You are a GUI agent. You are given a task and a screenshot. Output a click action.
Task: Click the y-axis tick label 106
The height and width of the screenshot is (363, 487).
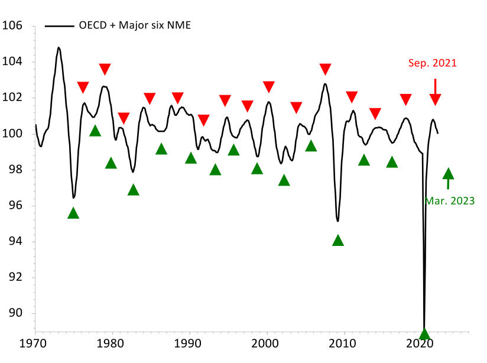click(x=12, y=25)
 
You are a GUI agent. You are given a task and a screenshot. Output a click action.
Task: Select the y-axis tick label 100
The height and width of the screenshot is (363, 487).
click(x=12, y=134)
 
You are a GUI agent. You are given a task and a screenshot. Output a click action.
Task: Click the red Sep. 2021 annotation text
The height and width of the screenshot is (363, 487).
click(x=433, y=63)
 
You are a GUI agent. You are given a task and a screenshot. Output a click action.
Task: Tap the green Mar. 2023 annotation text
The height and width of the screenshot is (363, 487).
click(x=449, y=201)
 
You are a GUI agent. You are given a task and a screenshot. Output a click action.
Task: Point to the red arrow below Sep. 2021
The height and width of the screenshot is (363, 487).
click(x=435, y=87)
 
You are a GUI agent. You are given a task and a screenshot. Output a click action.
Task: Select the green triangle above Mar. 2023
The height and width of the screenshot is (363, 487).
click(x=448, y=173)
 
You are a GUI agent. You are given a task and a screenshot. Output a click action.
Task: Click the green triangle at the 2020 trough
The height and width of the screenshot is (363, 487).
click(x=424, y=333)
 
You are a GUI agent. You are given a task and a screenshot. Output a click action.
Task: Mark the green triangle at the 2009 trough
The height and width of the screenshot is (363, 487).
click(x=338, y=240)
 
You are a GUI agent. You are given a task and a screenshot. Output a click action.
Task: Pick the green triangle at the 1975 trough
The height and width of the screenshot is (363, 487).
click(x=73, y=213)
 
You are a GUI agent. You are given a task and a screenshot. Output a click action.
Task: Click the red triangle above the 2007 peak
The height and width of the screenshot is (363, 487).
click(x=325, y=69)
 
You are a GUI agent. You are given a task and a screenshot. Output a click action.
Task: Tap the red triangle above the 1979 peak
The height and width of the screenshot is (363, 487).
click(x=105, y=69)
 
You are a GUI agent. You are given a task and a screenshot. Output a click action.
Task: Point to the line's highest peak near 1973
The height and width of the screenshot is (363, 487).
click(x=59, y=47)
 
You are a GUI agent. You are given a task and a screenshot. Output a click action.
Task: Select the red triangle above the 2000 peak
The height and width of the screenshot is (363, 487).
click(x=269, y=87)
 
